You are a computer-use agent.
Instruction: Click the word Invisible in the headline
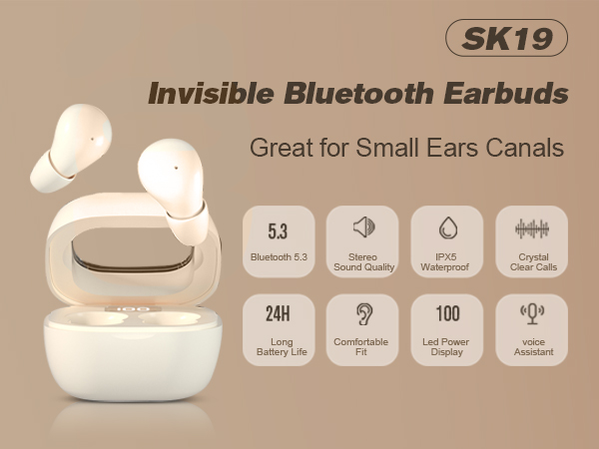coord(204,95)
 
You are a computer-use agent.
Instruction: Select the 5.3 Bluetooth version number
coord(279,231)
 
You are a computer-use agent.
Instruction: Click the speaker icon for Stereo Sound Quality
coord(363,227)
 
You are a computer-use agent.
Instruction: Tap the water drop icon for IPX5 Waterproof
coord(448,228)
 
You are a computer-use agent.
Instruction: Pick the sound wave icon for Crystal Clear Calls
coord(532,228)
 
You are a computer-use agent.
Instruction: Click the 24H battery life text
coord(279,316)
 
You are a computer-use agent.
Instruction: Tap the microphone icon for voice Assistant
coord(532,313)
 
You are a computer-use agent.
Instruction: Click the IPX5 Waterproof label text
coord(448,261)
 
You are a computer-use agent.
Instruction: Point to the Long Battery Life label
coord(279,346)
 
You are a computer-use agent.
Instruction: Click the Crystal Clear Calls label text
coord(532,261)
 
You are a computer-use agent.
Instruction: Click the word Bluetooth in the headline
coord(350,95)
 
